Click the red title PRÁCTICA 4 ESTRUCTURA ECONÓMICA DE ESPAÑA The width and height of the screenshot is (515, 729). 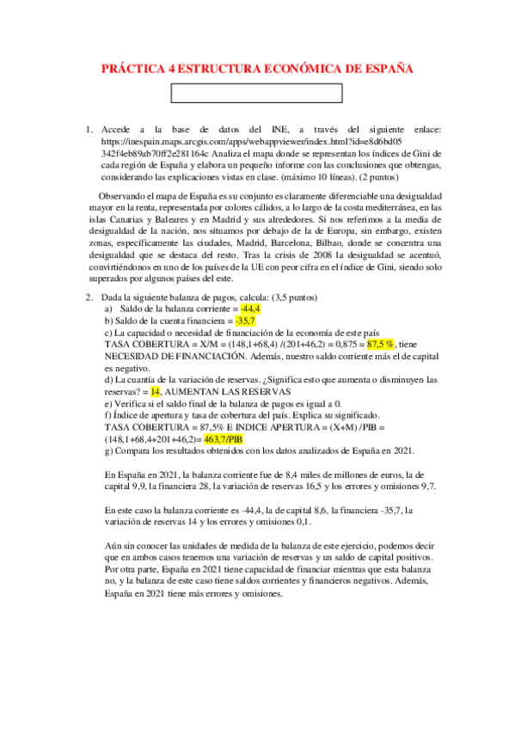(x=257, y=68)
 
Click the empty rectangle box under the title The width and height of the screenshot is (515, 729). (x=258, y=93)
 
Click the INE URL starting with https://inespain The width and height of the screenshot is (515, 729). (x=215, y=140)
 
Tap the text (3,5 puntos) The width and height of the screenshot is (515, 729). (x=294, y=297)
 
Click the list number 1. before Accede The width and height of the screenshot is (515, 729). (x=89, y=128)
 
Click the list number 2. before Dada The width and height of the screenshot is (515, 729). (x=89, y=297)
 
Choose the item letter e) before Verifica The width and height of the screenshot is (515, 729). (x=108, y=401)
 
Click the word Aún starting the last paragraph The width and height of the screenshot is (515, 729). (x=113, y=545)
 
